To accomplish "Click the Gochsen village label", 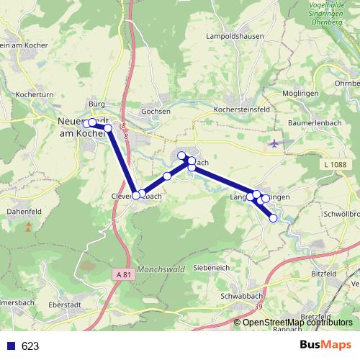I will tap(156, 112).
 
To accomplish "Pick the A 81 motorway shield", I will tap(123, 274).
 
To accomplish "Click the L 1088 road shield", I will tap(336, 166).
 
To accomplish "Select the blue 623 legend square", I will tap(11, 346).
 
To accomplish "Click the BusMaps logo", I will tap(325, 345).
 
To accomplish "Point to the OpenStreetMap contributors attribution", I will tap(299, 323).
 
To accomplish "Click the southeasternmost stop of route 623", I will tap(274, 218).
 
